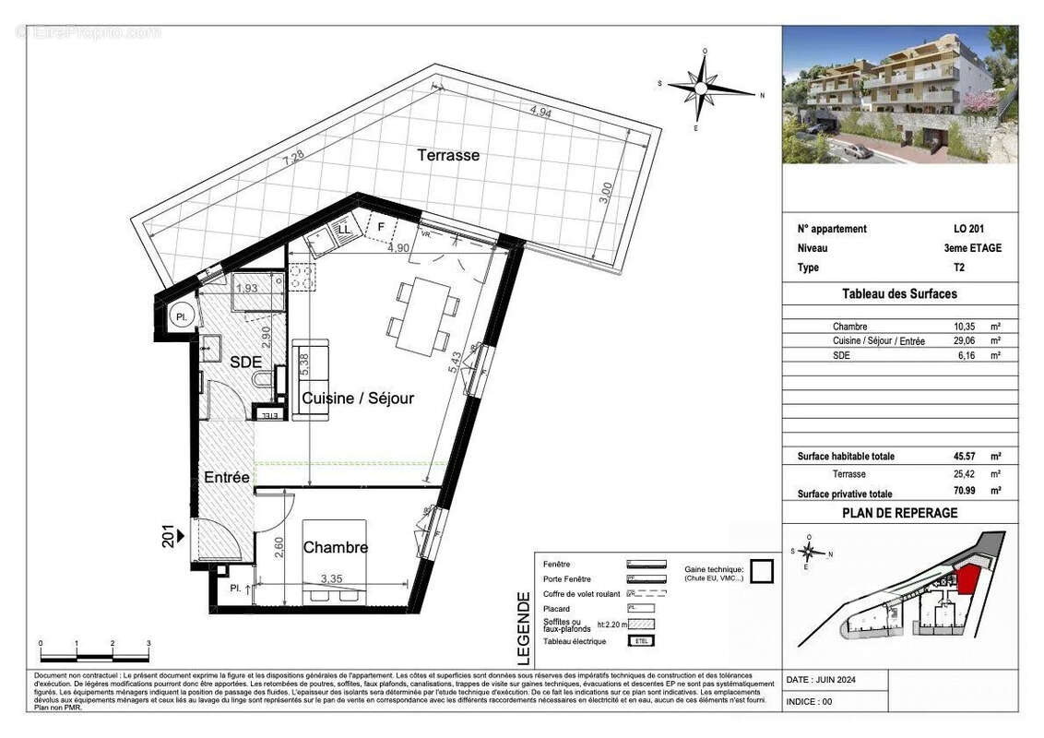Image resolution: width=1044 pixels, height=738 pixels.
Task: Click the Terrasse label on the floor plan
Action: (448, 155)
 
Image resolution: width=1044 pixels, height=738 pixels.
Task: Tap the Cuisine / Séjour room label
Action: (358, 399)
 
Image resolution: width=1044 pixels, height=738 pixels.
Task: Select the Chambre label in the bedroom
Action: (336, 547)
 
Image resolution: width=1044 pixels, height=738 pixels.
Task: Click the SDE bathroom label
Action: (246, 362)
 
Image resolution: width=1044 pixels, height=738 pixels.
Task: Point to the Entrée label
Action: (227, 477)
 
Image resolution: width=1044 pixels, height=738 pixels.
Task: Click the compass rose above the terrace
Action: (703, 88)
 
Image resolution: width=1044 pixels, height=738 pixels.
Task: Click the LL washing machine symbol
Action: (344, 228)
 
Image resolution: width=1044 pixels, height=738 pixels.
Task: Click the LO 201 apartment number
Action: (967, 229)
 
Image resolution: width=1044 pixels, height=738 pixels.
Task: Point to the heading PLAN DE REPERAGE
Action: (899, 513)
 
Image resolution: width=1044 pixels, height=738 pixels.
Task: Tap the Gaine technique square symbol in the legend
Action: (761, 572)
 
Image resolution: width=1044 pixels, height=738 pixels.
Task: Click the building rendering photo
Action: (900, 94)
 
